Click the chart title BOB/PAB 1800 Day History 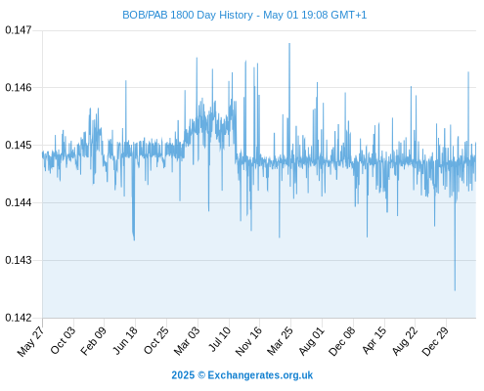click(188, 15)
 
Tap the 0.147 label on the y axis click(19, 30)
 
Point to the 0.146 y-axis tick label click(19, 87)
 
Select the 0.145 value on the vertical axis click(19, 145)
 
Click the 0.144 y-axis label click(19, 202)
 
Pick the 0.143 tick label click(19, 260)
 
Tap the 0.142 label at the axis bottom click(19, 318)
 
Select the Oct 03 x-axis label click(63, 340)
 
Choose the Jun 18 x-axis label click(124, 340)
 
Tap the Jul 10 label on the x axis click(219, 339)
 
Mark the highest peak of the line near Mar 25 click(289, 43)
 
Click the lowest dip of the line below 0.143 click(455, 290)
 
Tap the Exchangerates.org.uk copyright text click(242, 375)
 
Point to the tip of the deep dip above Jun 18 click(134, 240)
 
